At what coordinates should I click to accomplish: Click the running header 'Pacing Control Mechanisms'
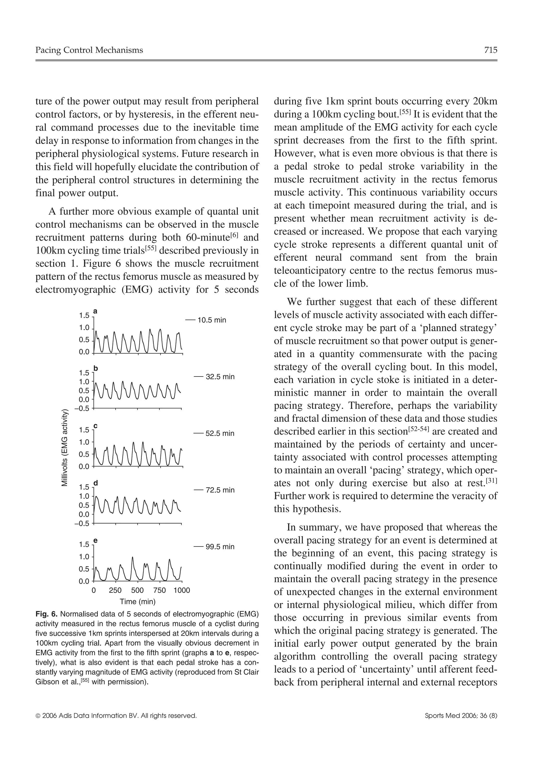tap(89, 50)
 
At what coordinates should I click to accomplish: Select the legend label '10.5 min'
tap(211, 320)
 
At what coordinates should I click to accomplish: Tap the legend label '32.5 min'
tap(220, 377)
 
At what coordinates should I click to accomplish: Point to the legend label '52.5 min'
tap(220, 433)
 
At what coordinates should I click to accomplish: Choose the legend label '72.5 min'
tap(220, 490)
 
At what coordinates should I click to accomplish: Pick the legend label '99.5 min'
tap(220, 547)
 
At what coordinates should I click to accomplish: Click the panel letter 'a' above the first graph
tap(95, 311)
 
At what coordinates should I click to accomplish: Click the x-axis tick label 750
tap(160, 590)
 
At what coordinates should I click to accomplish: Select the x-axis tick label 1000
tap(182, 590)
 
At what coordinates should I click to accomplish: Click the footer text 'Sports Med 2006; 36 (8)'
tap(461, 716)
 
